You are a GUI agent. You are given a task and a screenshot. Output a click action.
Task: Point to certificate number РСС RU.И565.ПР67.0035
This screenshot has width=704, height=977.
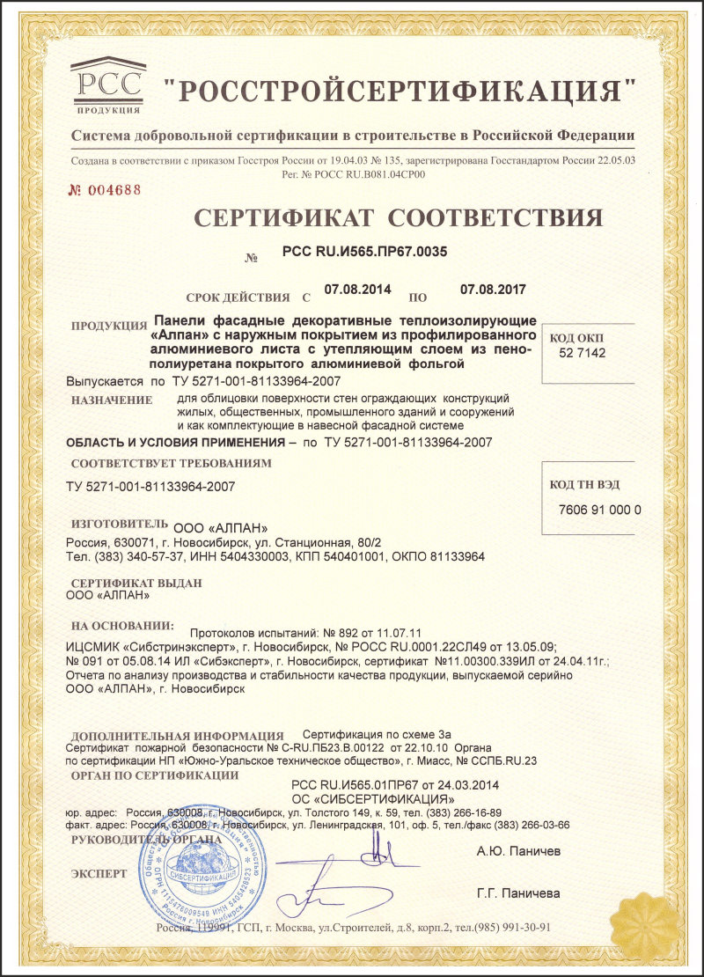[364, 252]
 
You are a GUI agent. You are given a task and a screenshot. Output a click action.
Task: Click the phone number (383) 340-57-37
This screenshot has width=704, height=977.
[121, 556]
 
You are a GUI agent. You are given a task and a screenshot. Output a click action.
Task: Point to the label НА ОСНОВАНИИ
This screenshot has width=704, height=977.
[122, 626]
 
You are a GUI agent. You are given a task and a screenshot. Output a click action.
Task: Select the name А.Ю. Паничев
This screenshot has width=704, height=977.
[517, 851]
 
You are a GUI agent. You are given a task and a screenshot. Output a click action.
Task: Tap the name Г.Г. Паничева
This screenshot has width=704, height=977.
[518, 893]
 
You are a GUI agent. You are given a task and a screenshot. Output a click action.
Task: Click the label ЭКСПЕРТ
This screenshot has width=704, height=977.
[99, 874]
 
